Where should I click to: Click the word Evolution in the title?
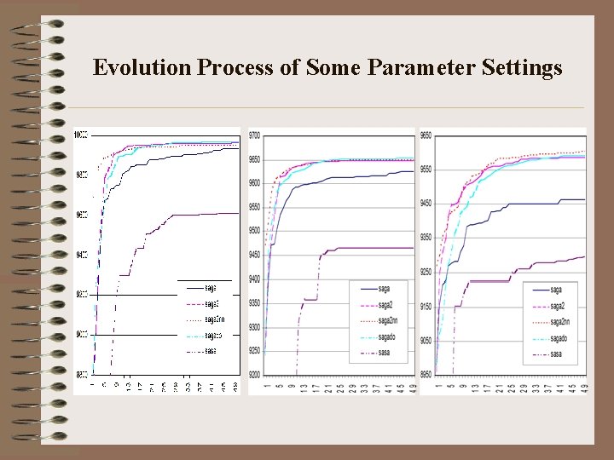[141, 67]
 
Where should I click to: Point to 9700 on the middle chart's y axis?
[255, 135]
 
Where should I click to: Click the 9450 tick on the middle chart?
[255, 255]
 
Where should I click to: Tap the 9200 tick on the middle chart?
[255, 375]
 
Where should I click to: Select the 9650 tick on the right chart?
[426, 135]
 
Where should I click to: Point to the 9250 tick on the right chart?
[426, 272]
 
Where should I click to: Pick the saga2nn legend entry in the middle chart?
[388, 321]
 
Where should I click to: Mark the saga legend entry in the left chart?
[210, 287]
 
